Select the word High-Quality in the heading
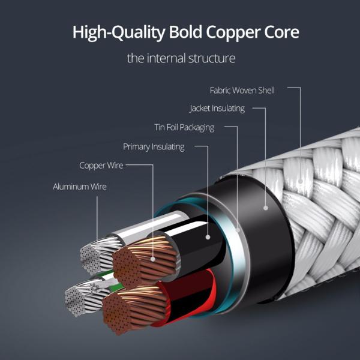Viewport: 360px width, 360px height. click(x=111, y=33)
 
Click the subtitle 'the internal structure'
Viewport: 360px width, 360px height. click(x=181, y=59)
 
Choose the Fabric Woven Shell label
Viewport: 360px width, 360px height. click(x=242, y=90)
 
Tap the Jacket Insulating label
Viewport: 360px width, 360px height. click(x=217, y=109)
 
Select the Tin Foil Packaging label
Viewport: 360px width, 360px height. click(x=184, y=127)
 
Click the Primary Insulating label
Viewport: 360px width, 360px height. click(x=154, y=146)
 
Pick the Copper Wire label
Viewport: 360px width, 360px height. click(x=101, y=165)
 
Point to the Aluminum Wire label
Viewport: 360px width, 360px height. click(x=80, y=187)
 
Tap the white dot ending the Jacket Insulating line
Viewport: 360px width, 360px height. click(x=265, y=208)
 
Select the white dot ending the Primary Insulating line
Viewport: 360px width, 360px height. click(x=208, y=237)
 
